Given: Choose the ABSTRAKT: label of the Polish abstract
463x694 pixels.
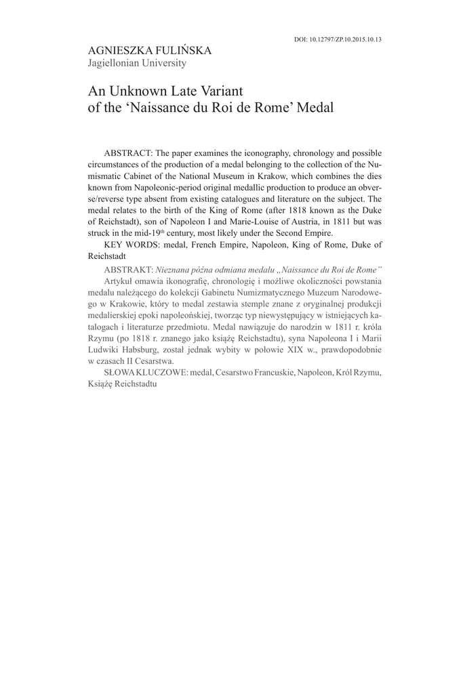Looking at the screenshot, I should click(x=129, y=268).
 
